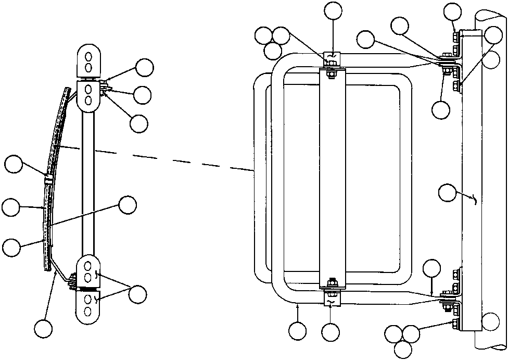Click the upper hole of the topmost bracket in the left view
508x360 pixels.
pos(88,56)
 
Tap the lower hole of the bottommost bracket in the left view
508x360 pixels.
pos(88,312)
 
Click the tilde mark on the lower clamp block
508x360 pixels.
pos(331,301)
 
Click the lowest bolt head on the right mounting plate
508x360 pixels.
pos(455,324)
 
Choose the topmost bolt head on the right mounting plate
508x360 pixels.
pos(456,36)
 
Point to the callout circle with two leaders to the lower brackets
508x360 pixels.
pos(138,293)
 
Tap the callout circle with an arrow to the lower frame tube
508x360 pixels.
pos(297,330)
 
